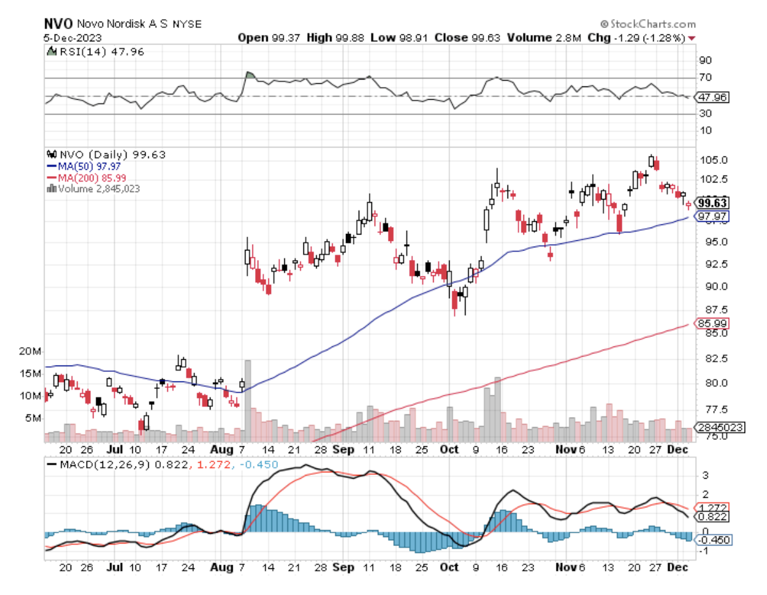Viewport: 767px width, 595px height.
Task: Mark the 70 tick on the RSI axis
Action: [x=705, y=78]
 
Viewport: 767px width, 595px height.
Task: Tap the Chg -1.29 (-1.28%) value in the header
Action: [x=644, y=38]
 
